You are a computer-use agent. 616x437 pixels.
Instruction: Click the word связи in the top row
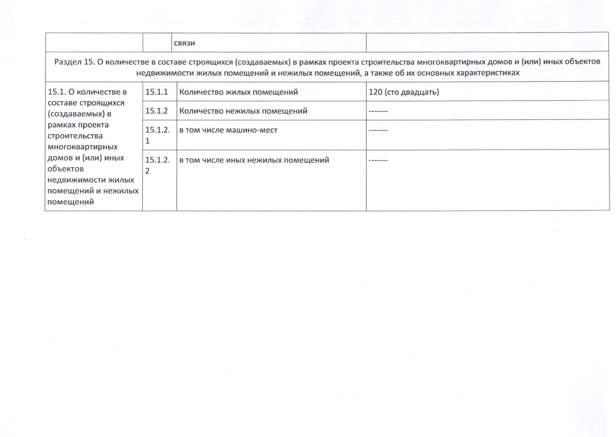click(x=184, y=43)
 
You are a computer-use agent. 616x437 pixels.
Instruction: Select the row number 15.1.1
click(x=156, y=92)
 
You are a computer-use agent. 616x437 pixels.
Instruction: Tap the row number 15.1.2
click(x=156, y=111)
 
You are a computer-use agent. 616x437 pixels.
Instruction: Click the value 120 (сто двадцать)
click(x=403, y=92)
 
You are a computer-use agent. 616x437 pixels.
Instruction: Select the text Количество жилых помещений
click(x=239, y=92)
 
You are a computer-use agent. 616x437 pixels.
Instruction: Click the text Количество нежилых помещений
click(x=243, y=111)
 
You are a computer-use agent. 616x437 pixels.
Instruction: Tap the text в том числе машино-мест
click(x=228, y=130)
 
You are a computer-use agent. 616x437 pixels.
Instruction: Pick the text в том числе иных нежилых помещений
click(x=254, y=160)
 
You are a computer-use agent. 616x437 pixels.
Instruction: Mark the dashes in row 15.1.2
click(x=378, y=111)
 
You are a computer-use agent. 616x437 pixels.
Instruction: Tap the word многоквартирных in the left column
click(x=83, y=147)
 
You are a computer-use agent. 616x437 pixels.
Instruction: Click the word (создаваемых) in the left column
click(x=76, y=114)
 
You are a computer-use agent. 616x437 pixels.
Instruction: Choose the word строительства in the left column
click(x=75, y=136)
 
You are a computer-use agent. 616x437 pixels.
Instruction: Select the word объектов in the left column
click(x=66, y=169)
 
